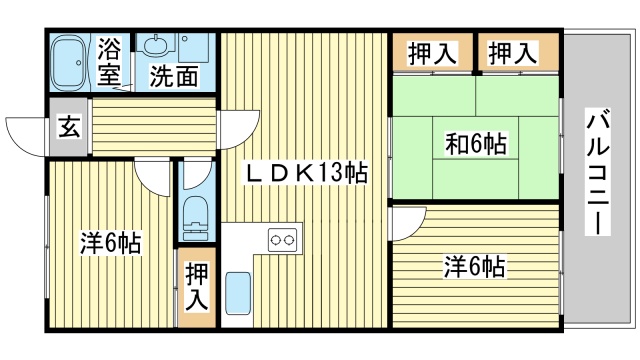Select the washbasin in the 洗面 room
tap(157, 45)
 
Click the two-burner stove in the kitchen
tap(281, 241)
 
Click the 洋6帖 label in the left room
tap(110, 243)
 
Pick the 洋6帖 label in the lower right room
tap(474, 267)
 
